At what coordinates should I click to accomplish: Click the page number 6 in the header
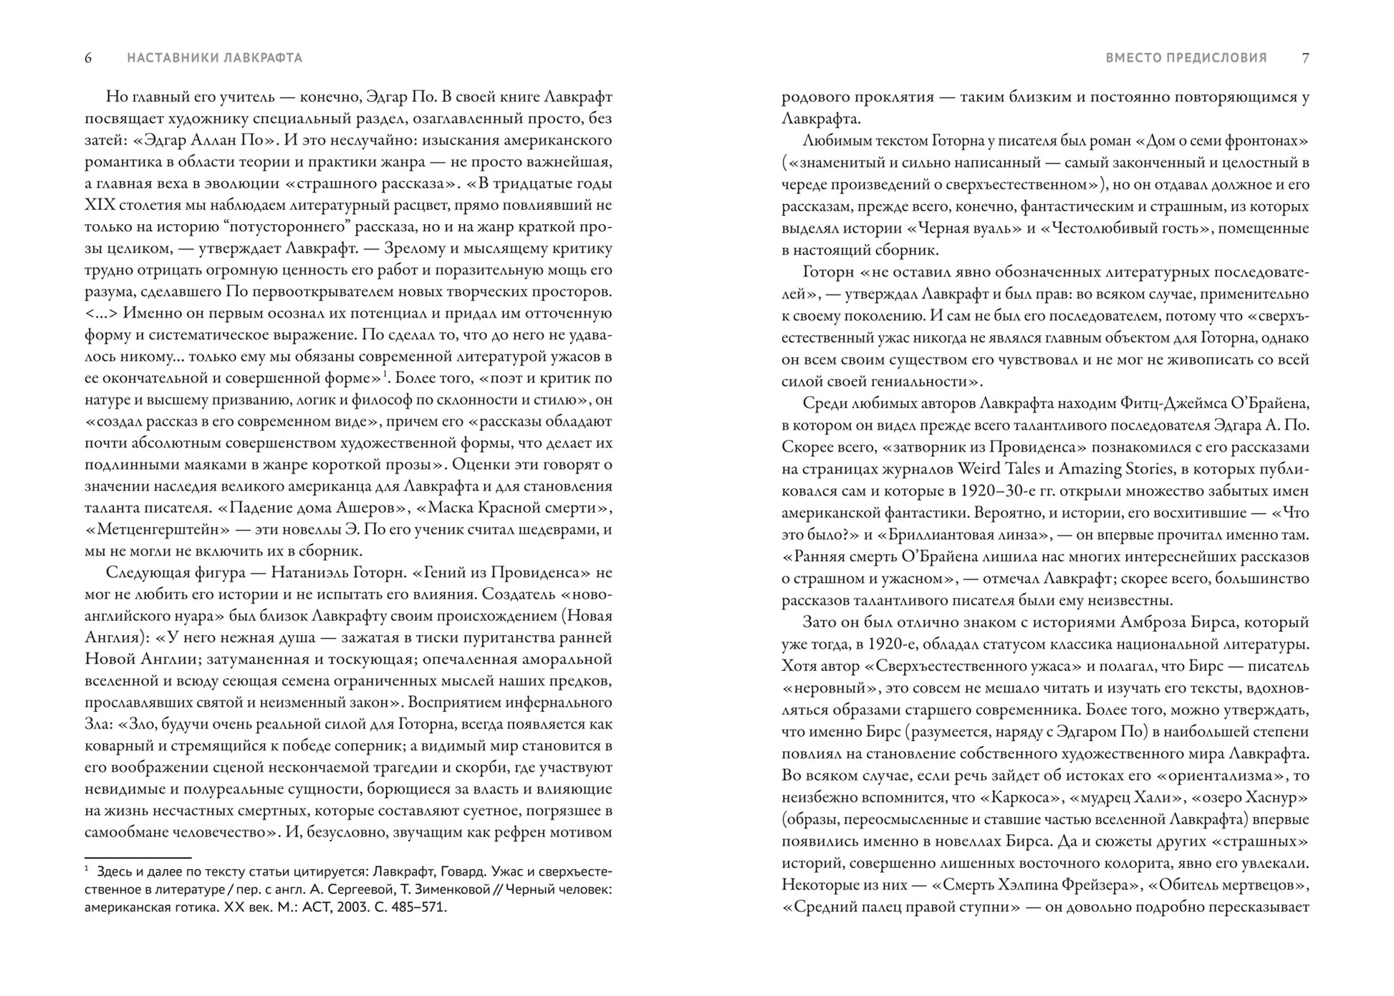88,58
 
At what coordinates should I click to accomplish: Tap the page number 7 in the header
1305,58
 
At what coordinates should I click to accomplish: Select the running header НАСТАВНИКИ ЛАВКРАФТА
215,58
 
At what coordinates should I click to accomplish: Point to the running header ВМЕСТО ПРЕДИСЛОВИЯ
1186,58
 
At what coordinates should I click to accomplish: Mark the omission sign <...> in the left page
100,314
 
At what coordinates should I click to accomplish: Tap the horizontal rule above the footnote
138,857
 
